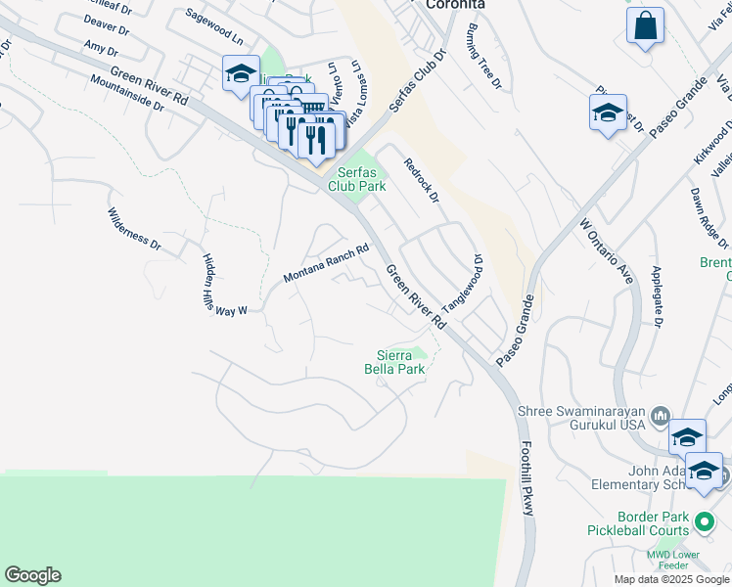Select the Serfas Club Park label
point(356,178)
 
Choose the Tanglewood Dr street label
point(463,285)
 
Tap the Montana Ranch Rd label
point(326,263)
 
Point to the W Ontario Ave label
point(608,251)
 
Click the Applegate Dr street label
point(658,294)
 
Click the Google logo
point(32,575)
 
